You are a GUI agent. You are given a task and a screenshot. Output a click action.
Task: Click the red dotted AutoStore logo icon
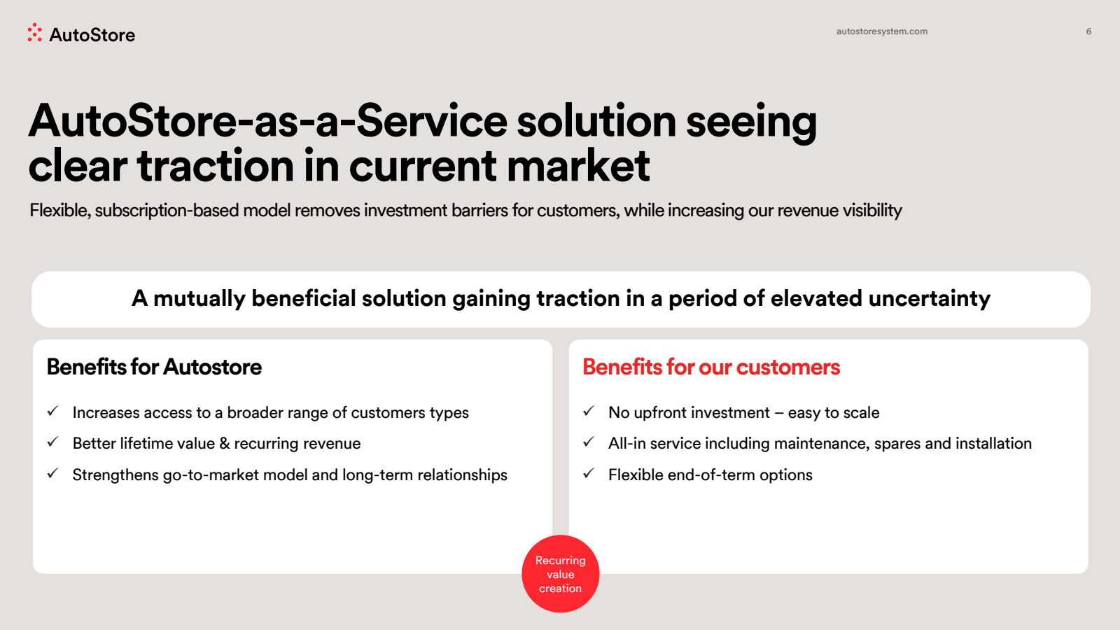pos(34,32)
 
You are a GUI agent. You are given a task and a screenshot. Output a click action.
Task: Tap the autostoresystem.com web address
pos(882,31)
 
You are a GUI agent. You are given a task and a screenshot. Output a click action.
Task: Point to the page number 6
pos(1088,31)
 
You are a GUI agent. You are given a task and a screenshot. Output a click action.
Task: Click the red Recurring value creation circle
pos(561,574)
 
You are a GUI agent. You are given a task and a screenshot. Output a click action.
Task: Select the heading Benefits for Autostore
pos(154,367)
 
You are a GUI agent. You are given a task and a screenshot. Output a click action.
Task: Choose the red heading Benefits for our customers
pos(711,367)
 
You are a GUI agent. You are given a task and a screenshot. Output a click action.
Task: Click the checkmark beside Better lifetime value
pos(53,442)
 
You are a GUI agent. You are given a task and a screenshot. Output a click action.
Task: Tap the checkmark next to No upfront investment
pos(589,411)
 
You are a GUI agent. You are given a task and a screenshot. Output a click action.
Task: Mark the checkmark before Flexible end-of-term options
pos(589,473)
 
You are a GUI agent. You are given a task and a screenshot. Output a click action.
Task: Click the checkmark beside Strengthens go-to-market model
pos(53,473)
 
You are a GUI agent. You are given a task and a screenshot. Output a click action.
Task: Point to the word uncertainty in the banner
pos(930,298)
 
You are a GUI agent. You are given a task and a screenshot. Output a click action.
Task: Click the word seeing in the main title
pos(752,123)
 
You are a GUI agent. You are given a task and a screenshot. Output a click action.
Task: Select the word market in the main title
pos(578,165)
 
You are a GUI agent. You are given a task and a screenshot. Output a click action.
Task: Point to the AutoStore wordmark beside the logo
pos(92,35)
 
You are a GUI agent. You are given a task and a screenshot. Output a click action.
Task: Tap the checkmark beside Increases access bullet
pos(53,411)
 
